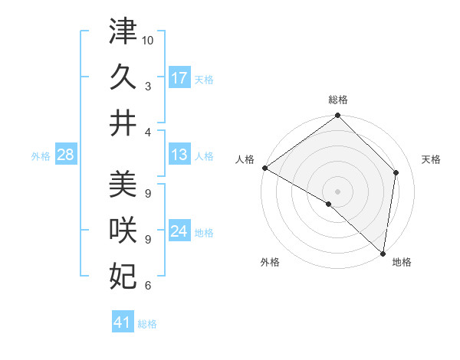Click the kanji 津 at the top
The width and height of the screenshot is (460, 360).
[123, 31]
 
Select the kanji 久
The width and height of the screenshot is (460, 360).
[123, 77]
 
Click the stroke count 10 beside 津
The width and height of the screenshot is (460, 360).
[148, 40]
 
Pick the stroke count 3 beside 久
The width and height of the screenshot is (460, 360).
[147, 86]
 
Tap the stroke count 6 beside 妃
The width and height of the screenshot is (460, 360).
[147, 286]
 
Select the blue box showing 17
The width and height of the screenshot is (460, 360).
[179, 78]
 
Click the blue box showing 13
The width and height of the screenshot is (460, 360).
[179, 155]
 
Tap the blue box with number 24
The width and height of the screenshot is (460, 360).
[179, 232]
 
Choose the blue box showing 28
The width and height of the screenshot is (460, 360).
[65, 155]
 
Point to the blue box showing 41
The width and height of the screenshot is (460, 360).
[123, 322]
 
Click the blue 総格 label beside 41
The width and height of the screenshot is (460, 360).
[147, 324]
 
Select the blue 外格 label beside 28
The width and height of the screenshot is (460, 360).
[41, 156]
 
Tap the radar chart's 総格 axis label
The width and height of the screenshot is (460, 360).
[338, 100]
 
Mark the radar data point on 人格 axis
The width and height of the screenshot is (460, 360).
[264, 168]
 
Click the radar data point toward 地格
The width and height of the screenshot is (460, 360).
[383, 253]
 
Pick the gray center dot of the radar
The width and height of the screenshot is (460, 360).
[337, 191]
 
